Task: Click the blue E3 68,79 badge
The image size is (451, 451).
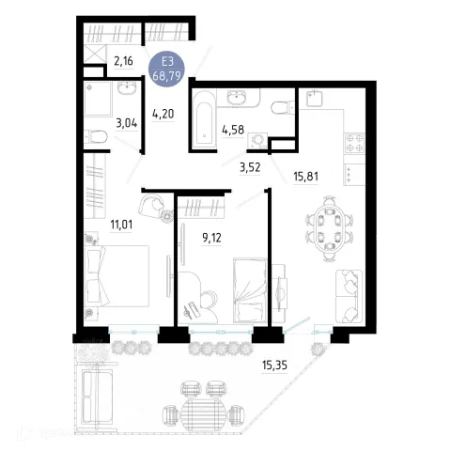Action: point(166,69)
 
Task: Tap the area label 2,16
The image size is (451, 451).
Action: point(123,61)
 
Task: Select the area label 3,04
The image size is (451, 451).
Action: point(127,123)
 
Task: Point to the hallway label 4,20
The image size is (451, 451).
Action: point(163,114)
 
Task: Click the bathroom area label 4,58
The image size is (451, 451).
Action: point(233,130)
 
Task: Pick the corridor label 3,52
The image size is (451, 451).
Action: point(250,167)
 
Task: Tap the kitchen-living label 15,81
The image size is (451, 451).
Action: point(305,177)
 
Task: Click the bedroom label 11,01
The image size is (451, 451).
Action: point(121,225)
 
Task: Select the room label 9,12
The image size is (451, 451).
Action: point(211,238)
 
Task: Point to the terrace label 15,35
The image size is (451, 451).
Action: point(274,365)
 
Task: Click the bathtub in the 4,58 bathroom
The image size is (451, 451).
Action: point(205,119)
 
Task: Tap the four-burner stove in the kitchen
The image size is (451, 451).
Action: point(354,143)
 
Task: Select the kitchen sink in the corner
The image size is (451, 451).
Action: point(315,98)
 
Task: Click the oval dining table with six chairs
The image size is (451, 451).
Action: point(329,228)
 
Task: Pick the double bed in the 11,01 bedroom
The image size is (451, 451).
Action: point(117,275)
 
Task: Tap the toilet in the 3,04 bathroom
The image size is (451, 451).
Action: point(96,137)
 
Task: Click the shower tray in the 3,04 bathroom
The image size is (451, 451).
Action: point(98,99)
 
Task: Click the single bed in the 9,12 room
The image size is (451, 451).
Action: point(250,290)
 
